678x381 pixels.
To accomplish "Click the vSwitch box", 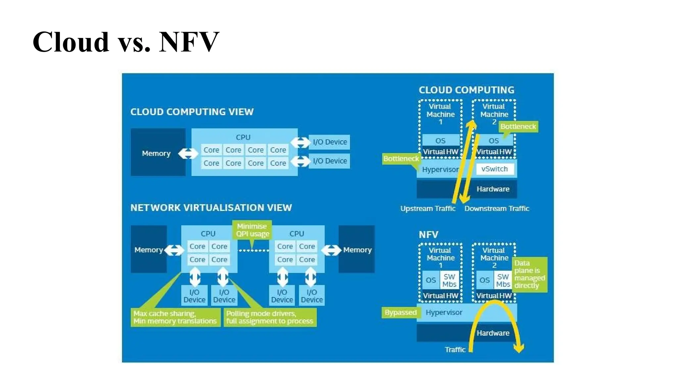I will (495, 169).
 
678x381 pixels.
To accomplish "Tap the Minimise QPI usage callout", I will (252, 230).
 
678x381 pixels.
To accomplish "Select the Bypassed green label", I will (401, 313).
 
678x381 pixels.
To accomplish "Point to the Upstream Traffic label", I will (427, 209).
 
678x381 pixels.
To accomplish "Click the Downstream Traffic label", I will (497, 209).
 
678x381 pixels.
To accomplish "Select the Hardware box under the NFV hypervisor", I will (493, 333).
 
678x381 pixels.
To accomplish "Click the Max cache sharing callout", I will (175, 317).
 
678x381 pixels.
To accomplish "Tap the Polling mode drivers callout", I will (270, 317).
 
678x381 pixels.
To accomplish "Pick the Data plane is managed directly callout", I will (529, 275).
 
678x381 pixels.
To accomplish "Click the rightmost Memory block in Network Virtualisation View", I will (357, 250).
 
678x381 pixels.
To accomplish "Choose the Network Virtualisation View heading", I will (211, 208).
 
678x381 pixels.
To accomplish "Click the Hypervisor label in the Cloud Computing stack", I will (440, 169).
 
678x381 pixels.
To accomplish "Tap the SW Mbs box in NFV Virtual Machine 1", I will (449, 280).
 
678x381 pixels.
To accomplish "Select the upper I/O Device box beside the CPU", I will (329, 142).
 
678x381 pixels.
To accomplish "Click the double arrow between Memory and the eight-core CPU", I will (188, 153).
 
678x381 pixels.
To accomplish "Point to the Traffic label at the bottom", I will (455, 350).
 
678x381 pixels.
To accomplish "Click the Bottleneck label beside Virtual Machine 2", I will (518, 127).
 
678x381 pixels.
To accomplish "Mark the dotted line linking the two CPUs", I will (253, 251).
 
